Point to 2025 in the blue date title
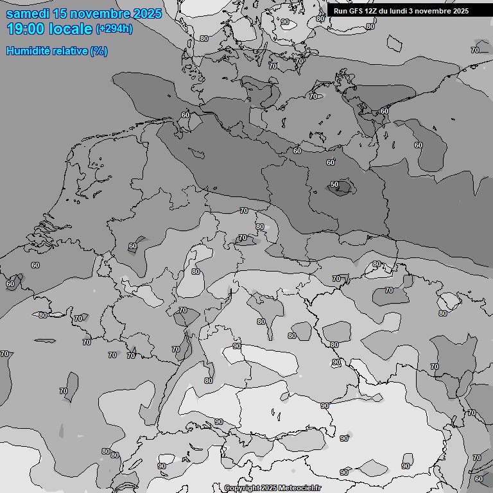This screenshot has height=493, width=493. tap(147, 14)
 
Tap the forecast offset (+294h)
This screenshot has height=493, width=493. tap(114, 29)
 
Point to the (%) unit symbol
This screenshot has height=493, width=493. tap(99, 51)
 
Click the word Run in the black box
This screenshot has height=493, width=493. tap(341, 11)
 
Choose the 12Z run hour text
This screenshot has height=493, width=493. tap(372, 11)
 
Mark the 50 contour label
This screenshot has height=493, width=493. tap(334, 185)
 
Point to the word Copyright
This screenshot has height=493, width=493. tap(242, 489)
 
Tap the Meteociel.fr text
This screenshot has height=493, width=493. tap(300, 489)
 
